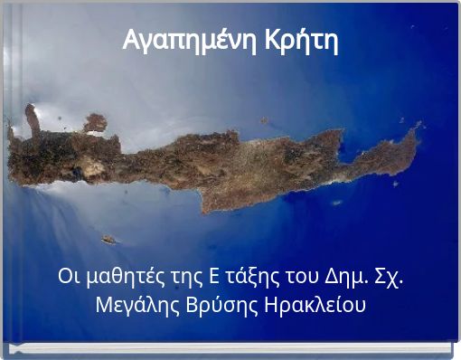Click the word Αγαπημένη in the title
pyautogui.click(x=189, y=42)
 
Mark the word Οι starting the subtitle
pyautogui.click(x=66, y=275)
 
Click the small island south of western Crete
pyautogui.click(x=108, y=240)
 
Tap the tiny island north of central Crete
pyautogui.click(x=264, y=120)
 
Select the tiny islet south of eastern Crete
pyautogui.click(x=336, y=203)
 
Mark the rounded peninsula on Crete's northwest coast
pyautogui.click(x=95, y=122)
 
